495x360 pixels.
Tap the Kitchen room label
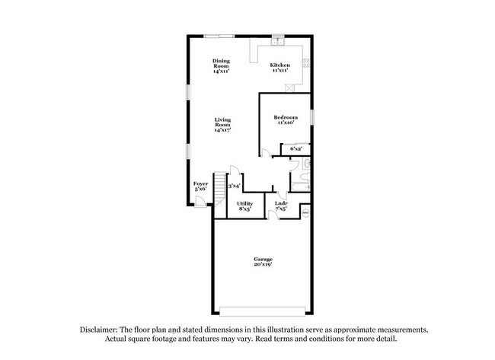point(280,65)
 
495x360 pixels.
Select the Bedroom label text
point(285,117)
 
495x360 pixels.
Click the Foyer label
point(200,183)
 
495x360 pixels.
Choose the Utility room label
point(244,203)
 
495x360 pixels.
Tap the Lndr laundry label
point(280,203)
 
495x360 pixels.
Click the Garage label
point(263,260)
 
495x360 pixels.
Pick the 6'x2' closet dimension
point(297,149)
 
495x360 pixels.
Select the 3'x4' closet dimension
point(235,186)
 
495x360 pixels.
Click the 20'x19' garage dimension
point(263,266)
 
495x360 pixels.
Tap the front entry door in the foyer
point(200,202)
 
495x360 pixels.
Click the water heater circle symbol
point(305,213)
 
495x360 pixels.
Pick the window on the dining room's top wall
point(222,36)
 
